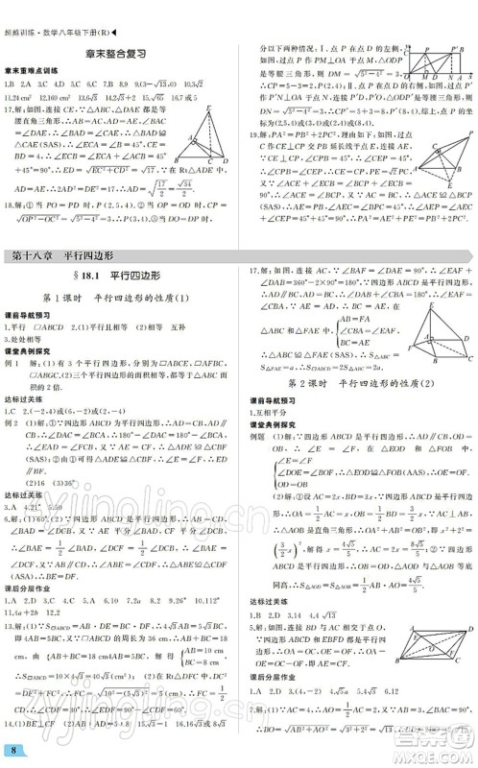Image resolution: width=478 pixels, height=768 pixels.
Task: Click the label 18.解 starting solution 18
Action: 18,230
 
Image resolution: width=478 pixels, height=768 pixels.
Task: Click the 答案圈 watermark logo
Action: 441,733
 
